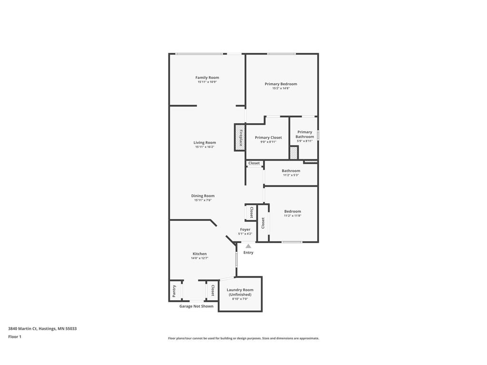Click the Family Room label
[207, 77]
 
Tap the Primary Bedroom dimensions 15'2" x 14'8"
[281, 88]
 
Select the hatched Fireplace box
[239, 137]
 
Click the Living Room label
[205, 143]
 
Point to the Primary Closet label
[268, 137]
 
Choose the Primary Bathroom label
[304, 134]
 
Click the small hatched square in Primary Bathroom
[294, 153]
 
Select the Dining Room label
[203, 196]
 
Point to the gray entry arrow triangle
[248, 246]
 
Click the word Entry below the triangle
[248, 252]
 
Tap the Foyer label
[245, 230]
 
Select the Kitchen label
[199, 254]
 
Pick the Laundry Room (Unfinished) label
[240, 292]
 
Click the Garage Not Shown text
[196, 306]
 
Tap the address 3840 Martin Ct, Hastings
[42, 328]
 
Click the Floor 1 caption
[15, 336]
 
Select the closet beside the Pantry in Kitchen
[212, 290]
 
